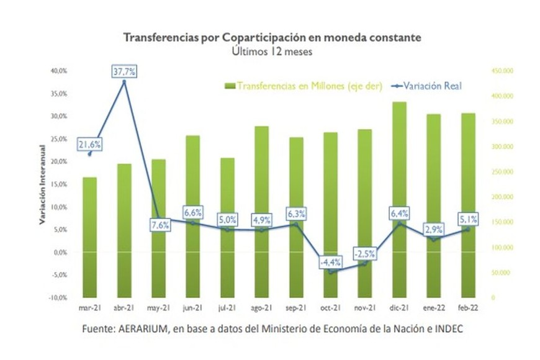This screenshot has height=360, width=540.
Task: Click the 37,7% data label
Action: [124, 71]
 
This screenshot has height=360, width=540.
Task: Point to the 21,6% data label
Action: [89, 145]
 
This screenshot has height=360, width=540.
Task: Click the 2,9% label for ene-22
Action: [433, 229]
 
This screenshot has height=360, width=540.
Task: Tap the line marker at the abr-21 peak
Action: [124, 81]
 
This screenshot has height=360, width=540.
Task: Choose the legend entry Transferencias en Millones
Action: [304, 86]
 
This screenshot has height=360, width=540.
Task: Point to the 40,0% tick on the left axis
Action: [59, 71]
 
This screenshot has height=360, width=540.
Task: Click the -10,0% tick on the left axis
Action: [58, 298]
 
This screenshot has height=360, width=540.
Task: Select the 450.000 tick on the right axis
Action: [502, 71]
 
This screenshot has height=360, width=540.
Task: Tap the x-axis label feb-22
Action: [467, 308]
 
